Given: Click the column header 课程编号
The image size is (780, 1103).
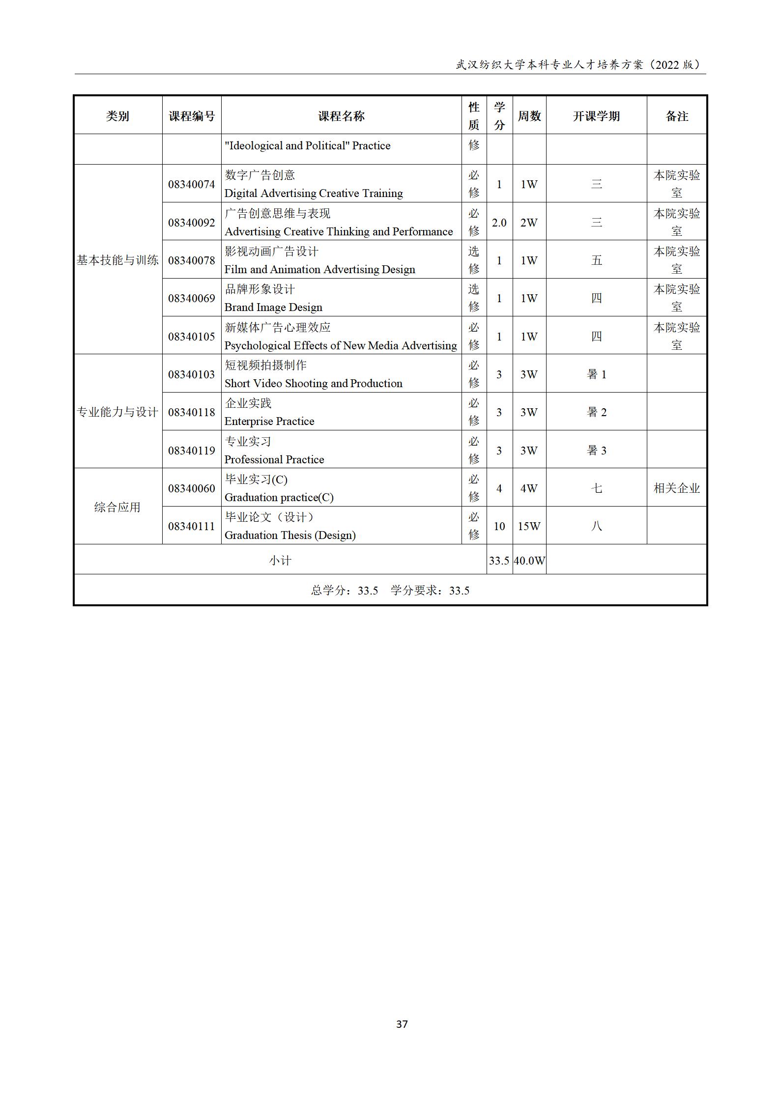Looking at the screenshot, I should pyautogui.click(x=192, y=116).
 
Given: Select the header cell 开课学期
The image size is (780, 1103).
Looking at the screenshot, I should pyautogui.click(x=596, y=116).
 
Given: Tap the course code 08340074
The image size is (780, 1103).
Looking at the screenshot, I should pyautogui.click(x=192, y=184).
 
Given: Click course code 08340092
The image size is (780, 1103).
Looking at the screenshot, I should pyautogui.click(x=192, y=223).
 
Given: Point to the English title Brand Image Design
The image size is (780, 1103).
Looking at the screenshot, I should pyautogui.click(x=273, y=308).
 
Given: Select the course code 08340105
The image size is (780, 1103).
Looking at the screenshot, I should pyautogui.click(x=192, y=337).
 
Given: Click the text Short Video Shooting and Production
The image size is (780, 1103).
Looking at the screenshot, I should pyautogui.click(x=313, y=384).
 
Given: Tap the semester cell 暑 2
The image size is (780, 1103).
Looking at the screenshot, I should pyautogui.click(x=596, y=412).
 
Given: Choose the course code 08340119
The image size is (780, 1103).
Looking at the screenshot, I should pyautogui.click(x=192, y=451).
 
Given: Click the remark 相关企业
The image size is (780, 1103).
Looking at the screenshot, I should pyautogui.click(x=676, y=488).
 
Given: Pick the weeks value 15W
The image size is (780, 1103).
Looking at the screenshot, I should pyautogui.click(x=529, y=526).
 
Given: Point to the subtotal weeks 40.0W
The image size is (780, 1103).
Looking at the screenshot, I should pyautogui.click(x=529, y=561).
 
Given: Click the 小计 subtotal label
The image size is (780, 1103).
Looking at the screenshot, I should pyautogui.click(x=280, y=561).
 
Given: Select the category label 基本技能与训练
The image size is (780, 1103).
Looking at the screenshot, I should pyautogui.click(x=117, y=260).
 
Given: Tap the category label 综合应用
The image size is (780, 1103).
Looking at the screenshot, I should pyautogui.click(x=117, y=507).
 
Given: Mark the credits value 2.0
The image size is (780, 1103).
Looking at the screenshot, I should pyautogui.click(x=499, y=223).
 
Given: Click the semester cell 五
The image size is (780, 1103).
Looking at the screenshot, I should pyautogui.click(x=596, y=260).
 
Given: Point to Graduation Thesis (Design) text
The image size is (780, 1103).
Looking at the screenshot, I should pyautogui.click(x=290, y=536).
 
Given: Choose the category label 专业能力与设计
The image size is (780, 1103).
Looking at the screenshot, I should pyautogui.click(x=117, y=412).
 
